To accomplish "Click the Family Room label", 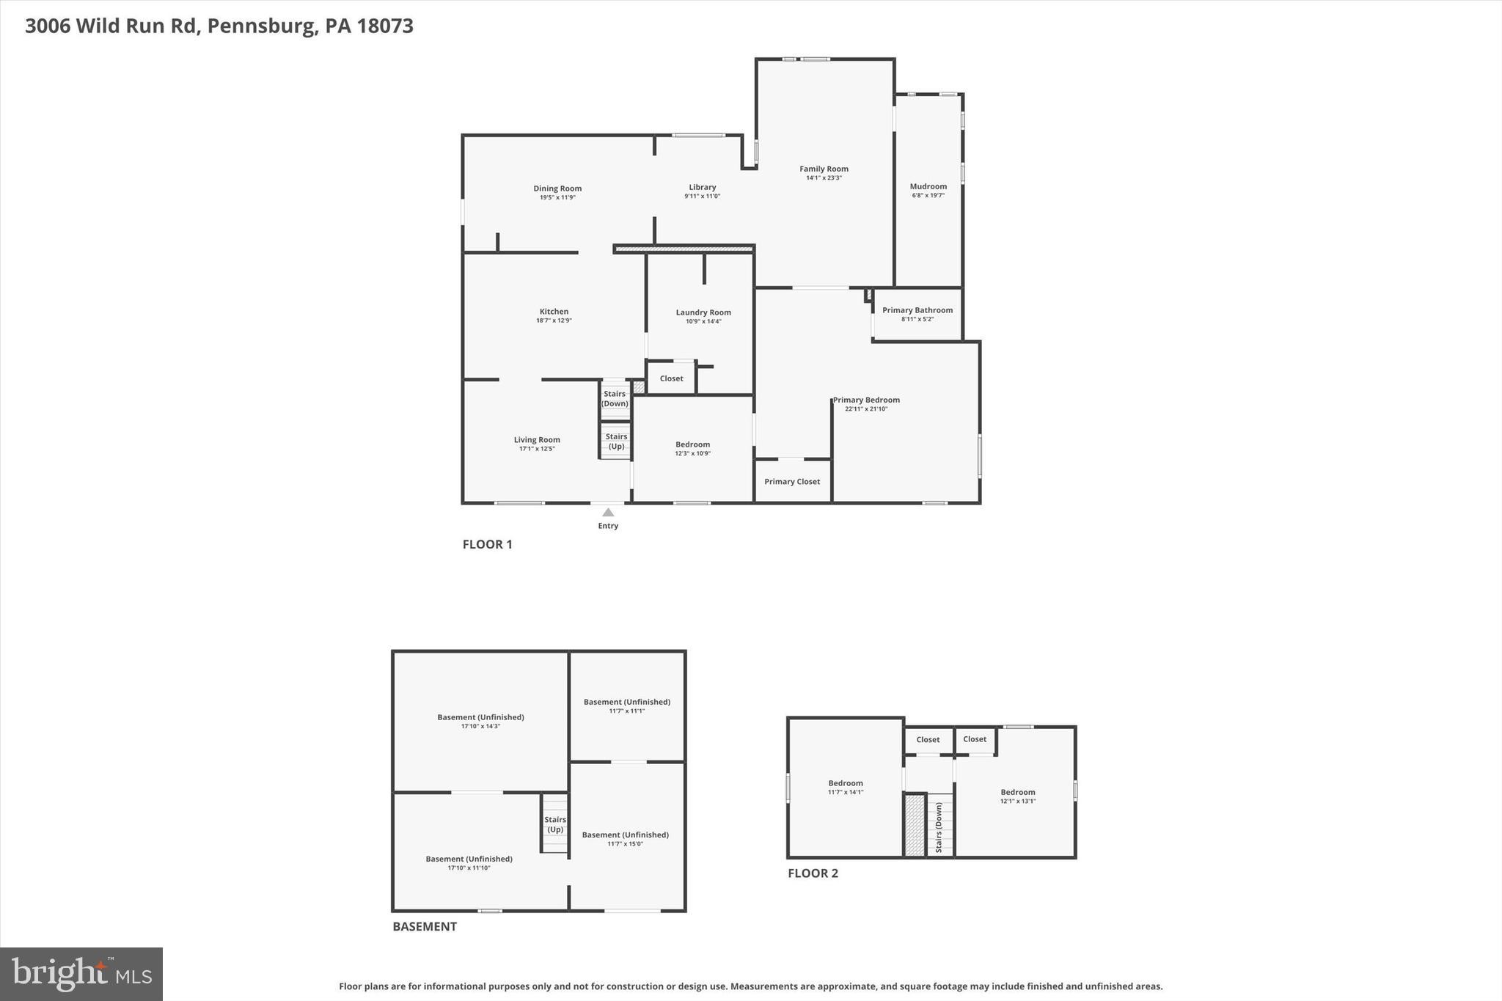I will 824,169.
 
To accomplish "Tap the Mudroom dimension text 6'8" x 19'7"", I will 928,196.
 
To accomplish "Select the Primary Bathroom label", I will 917,310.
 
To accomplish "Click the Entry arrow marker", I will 608,513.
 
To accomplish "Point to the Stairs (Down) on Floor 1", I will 615,399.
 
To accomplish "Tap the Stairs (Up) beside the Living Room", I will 616,441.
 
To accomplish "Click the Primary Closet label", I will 792,482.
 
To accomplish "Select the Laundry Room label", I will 703,312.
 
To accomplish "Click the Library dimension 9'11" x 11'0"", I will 702,197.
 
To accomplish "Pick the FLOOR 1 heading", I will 487,544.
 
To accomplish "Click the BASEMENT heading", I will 424,926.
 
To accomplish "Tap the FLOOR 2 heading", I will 813,873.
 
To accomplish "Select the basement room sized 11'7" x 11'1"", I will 626,706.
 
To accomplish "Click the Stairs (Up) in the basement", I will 555,824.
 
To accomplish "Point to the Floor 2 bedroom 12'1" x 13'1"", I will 1017,796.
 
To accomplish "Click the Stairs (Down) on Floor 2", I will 939,827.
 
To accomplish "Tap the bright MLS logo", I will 81,974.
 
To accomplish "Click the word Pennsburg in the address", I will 261,26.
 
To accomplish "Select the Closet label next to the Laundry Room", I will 671,378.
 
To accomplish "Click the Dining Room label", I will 557,188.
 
